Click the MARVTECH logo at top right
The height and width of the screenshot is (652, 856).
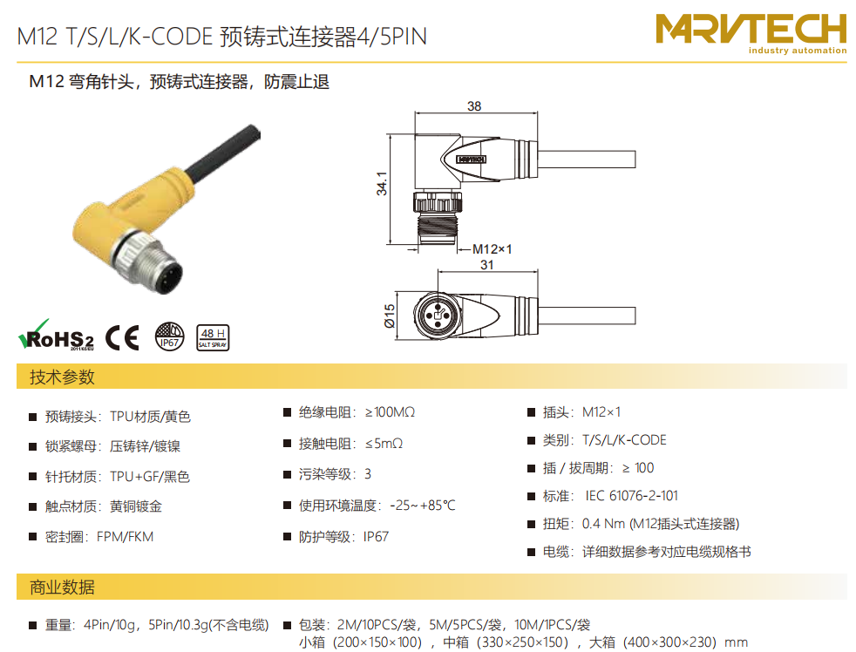751,34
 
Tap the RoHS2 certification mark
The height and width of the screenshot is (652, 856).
56,336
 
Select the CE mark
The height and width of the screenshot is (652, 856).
122,337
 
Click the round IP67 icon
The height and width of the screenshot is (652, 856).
169,336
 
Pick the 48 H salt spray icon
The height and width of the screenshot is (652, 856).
213,337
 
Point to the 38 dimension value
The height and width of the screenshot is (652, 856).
474,106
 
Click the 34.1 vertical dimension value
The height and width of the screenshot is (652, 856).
382,183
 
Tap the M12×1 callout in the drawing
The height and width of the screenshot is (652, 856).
492,249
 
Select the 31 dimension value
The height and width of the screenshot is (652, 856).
487,265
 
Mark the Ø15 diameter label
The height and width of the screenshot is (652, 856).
390,316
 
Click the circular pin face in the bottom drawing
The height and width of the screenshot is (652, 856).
438,315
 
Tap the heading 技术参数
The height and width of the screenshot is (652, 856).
62,377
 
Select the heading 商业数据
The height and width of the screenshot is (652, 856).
62,587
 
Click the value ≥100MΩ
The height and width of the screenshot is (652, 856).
390,412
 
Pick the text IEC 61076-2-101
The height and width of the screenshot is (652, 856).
632,496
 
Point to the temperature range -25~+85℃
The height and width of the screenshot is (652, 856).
423,506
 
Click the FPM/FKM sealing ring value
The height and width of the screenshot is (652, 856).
125,537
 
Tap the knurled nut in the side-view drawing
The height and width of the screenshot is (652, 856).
438,201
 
